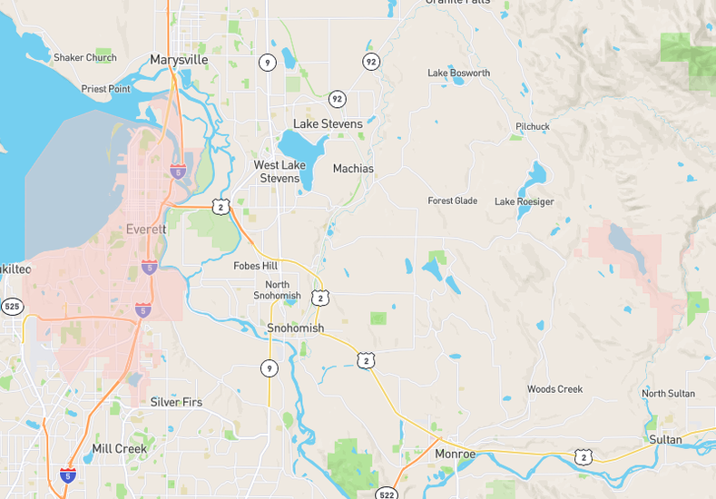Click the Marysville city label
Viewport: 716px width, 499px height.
(x=179, y=60)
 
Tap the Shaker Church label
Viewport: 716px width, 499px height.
(x=85, y=58)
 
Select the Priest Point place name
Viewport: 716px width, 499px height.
(x=106, y=89)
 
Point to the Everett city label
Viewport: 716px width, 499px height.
(x=146, y=229)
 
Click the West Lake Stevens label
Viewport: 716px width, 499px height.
(x=279, y=171)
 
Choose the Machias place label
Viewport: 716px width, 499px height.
(x=353, y=169)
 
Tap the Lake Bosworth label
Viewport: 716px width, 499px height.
(x=458, y=73)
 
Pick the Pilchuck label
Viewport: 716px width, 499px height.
(x=533, y=126)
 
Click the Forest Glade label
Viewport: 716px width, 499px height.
(x=453, y=201)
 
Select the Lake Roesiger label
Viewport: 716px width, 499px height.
(x=524, y=201)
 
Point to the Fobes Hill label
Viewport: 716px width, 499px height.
(x=255, y=266)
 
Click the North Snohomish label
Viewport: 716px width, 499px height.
(x=277, y=290)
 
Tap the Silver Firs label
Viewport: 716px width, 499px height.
(x=176, y=402)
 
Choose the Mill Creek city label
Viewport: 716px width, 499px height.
(x=119, y=449)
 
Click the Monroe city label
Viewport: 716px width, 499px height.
(x=455, y=454)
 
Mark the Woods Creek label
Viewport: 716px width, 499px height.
(x=554, y=389)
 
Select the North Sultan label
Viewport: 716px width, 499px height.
(x=668, y=394)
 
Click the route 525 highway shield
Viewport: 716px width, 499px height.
(x=12, y=307)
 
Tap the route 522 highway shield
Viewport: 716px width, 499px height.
(x=387, y=494)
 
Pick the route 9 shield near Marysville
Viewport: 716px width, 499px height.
(x=267, y=63)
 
